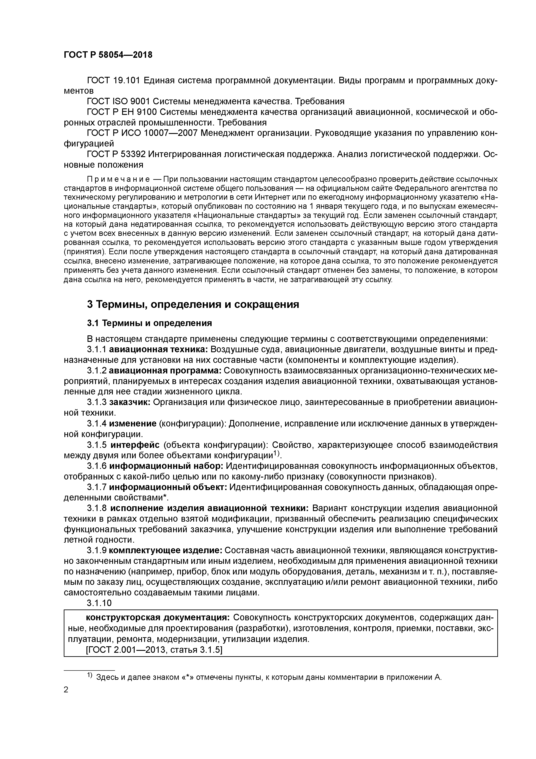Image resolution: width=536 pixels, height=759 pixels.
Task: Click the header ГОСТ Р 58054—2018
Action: pyautogui.click(x=108, y=55)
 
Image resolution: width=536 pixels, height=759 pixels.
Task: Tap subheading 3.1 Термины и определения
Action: pyautogui.click(x=149, y=323)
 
